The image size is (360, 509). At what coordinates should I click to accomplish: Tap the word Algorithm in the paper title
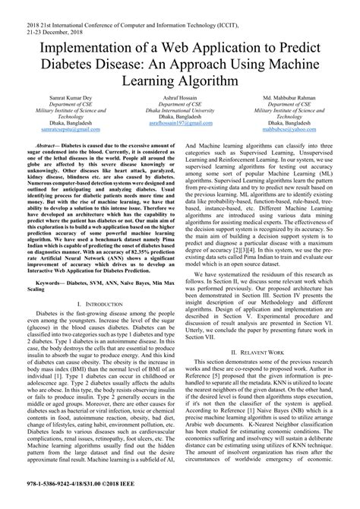click(x=210, y=79)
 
